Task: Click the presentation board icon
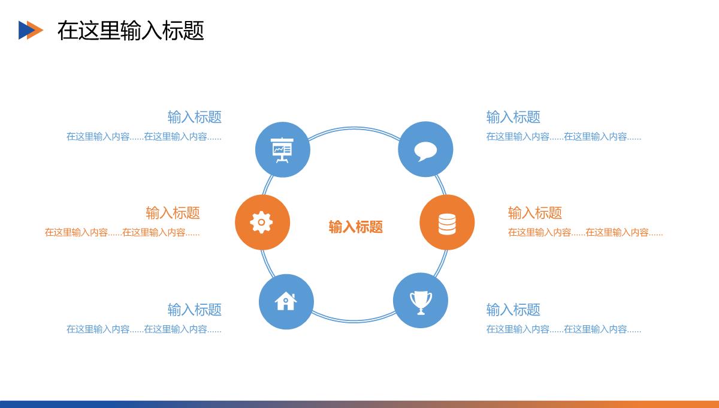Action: [x=282, y=150]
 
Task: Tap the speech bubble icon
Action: [x=425, y=151]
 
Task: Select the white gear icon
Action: [x=261, y=222]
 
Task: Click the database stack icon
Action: [x=447, y=224]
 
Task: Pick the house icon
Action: [x=286, y=301]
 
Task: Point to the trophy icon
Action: [x=421, y=302]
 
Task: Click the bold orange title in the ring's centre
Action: [x=356, y=227]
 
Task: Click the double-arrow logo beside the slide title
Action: [x=31, y=30]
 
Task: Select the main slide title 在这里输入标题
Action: [x=131, y=31]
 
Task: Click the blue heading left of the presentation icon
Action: [x=195, y=117]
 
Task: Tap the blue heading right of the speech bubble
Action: [x=513, y=117]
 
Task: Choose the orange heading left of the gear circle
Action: [x=173, y=213]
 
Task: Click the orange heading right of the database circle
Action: [x=535, y=213]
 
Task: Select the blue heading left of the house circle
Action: [x=195, y=310]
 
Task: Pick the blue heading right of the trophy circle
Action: [x=513, y=310]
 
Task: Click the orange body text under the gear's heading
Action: [x=122, y=232]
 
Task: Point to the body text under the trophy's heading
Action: [x=564, y=329]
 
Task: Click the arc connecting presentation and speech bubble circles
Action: [x=354, y=128]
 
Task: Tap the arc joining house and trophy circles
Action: [x=353, y=320]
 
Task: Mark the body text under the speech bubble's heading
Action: [x=564, y=137]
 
